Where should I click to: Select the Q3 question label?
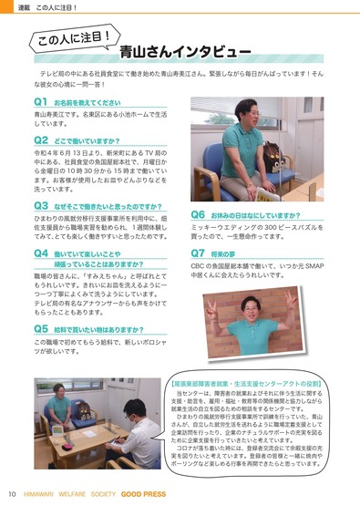[41, 207]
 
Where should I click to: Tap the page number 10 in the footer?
[13, 494]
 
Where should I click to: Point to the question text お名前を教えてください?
[88, 100]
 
